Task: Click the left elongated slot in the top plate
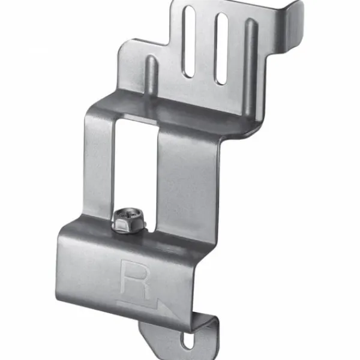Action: (189, 41)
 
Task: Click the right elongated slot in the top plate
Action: (221, 49)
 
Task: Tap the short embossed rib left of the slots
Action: (151, 76)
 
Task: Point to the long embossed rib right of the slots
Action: (251, 67)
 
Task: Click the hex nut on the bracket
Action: (129, 222)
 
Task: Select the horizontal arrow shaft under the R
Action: (138, 304)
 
